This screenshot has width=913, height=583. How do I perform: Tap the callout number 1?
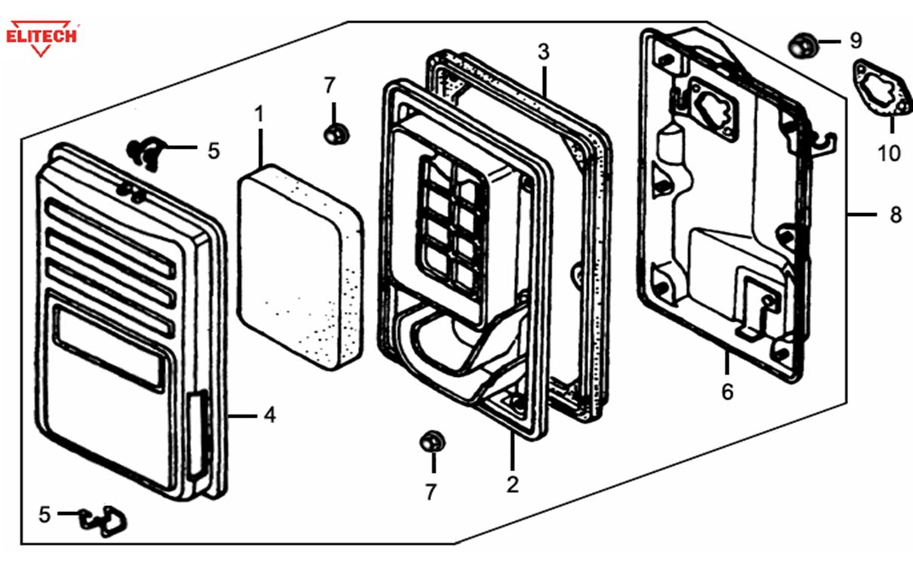point(259,115)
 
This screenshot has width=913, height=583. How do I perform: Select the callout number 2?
point(513,484)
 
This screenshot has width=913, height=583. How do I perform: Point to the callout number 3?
point(544,52)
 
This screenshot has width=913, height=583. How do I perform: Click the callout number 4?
point(270,415)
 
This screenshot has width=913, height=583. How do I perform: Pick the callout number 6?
point(727,391)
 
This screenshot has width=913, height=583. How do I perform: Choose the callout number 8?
point(896,215)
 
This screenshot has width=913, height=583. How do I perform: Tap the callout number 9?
point(855,39)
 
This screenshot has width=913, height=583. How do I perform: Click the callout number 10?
point(889,153)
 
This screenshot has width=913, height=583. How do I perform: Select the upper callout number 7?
point(329,86)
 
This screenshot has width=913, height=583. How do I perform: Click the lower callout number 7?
point(430,492)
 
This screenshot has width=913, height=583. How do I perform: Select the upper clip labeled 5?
point(146,152)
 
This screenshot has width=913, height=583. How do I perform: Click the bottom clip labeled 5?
point(107,520)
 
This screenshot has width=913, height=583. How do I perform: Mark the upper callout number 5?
point(214,151)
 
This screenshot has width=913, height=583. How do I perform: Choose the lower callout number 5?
point(45,515)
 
